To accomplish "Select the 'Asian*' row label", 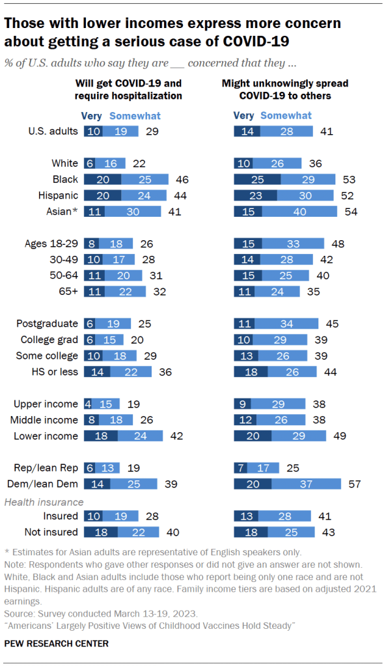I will [x=63, y=211].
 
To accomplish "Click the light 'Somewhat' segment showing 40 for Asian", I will [x=300, y=211].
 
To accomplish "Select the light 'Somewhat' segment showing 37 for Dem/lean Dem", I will [x=307, y=484].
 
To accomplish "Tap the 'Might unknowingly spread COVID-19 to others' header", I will [x=284, y=90].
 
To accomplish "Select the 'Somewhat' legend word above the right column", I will [x=286, y=115].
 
